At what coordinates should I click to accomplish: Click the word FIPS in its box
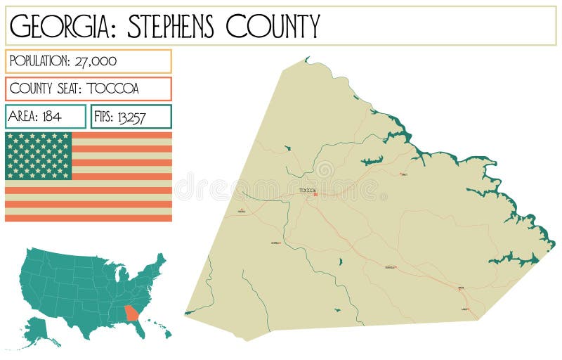(103, 117)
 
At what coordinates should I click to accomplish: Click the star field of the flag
(39, 155)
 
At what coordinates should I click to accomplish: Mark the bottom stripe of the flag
(89, 218)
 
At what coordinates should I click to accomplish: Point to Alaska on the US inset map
(39, 330)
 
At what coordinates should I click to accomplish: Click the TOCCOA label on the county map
(307, 190)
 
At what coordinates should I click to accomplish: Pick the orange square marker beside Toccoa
(316, 194)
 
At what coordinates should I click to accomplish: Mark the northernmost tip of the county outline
(306, 58)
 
